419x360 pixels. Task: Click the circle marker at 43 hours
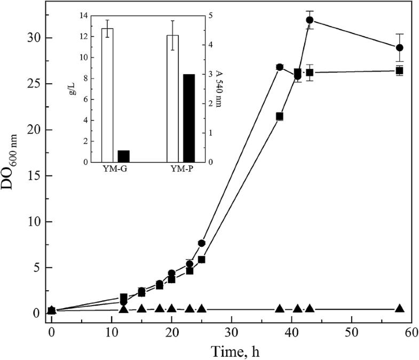click(310, 20)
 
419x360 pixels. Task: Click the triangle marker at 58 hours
click(399, 308)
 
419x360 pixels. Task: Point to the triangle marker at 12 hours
click(123, 309)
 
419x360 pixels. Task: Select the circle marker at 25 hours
click(201, 243)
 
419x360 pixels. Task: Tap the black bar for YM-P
click(189, 118)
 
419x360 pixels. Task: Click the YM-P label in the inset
click(180, 170)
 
